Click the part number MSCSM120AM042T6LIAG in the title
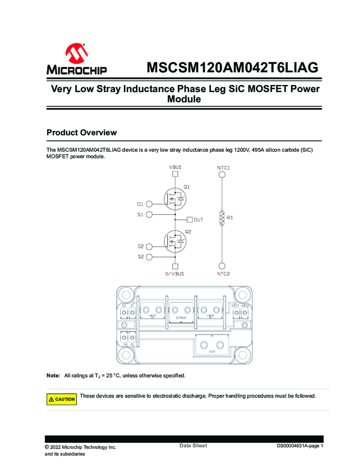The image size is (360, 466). (232, 69)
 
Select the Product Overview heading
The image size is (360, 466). (82, 133)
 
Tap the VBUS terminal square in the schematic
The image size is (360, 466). (175, 174)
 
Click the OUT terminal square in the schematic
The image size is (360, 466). (190, 219)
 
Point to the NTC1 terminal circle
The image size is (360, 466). (222, 174)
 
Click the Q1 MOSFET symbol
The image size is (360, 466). (176, 197)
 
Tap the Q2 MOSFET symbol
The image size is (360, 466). (176, 240)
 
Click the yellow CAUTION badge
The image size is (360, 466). (61, 399)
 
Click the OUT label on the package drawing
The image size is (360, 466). (212, 351)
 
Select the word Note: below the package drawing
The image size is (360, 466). (53, 376)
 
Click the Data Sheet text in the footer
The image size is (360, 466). (193, 446)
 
